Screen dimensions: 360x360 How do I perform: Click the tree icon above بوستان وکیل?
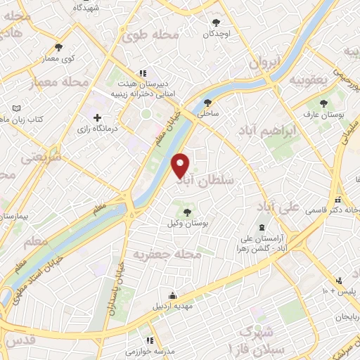(x=187, y=212)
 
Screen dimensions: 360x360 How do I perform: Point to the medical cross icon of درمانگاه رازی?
(x=97, y=117)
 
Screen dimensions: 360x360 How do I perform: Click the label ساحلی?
(x=209, y=112)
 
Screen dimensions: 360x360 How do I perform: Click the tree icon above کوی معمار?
(x=58, y=48)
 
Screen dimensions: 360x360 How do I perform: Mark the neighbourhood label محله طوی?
(x=146, y=34)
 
